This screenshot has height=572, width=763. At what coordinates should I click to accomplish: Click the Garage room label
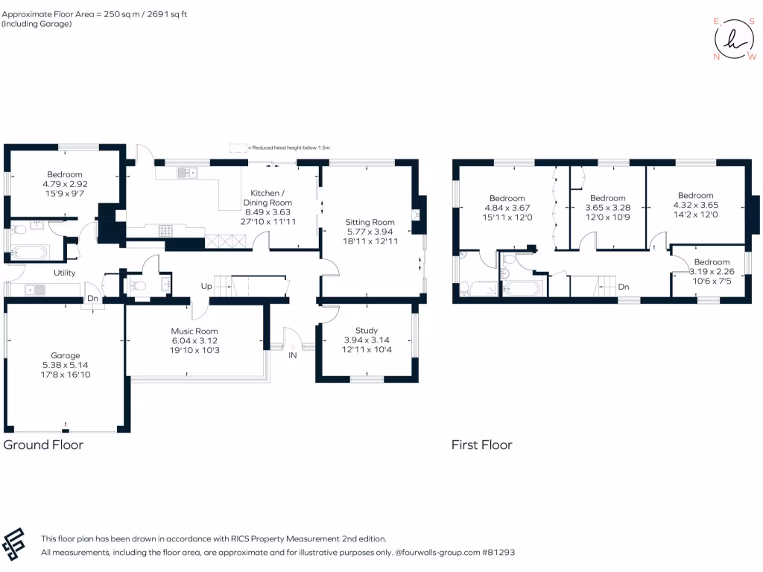click(x=65, y=355)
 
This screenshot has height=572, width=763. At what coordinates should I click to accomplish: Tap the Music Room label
click(x=194, y=331)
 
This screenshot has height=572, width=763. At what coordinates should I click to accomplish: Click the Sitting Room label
click(x=370, y=222)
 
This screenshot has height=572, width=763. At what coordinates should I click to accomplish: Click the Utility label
click(x=64, y=273)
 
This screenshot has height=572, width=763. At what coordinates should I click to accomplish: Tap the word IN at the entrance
click(x=293, y=355)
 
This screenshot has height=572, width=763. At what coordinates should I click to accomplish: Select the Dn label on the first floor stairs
click(x=624, y=286)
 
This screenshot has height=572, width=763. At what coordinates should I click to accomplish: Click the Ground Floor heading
click(x=43, y=445)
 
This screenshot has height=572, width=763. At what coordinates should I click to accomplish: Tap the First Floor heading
click(x=481, y=445)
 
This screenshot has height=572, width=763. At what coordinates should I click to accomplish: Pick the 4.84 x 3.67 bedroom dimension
click(x=507, y=208)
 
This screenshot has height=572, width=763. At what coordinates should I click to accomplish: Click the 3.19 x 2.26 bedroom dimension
click(x=712, y=272)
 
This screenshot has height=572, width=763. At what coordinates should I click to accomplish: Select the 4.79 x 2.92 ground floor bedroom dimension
click(x=65, y=184)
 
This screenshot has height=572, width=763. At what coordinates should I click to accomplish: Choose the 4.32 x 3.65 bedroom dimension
click(x=696, y=205)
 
